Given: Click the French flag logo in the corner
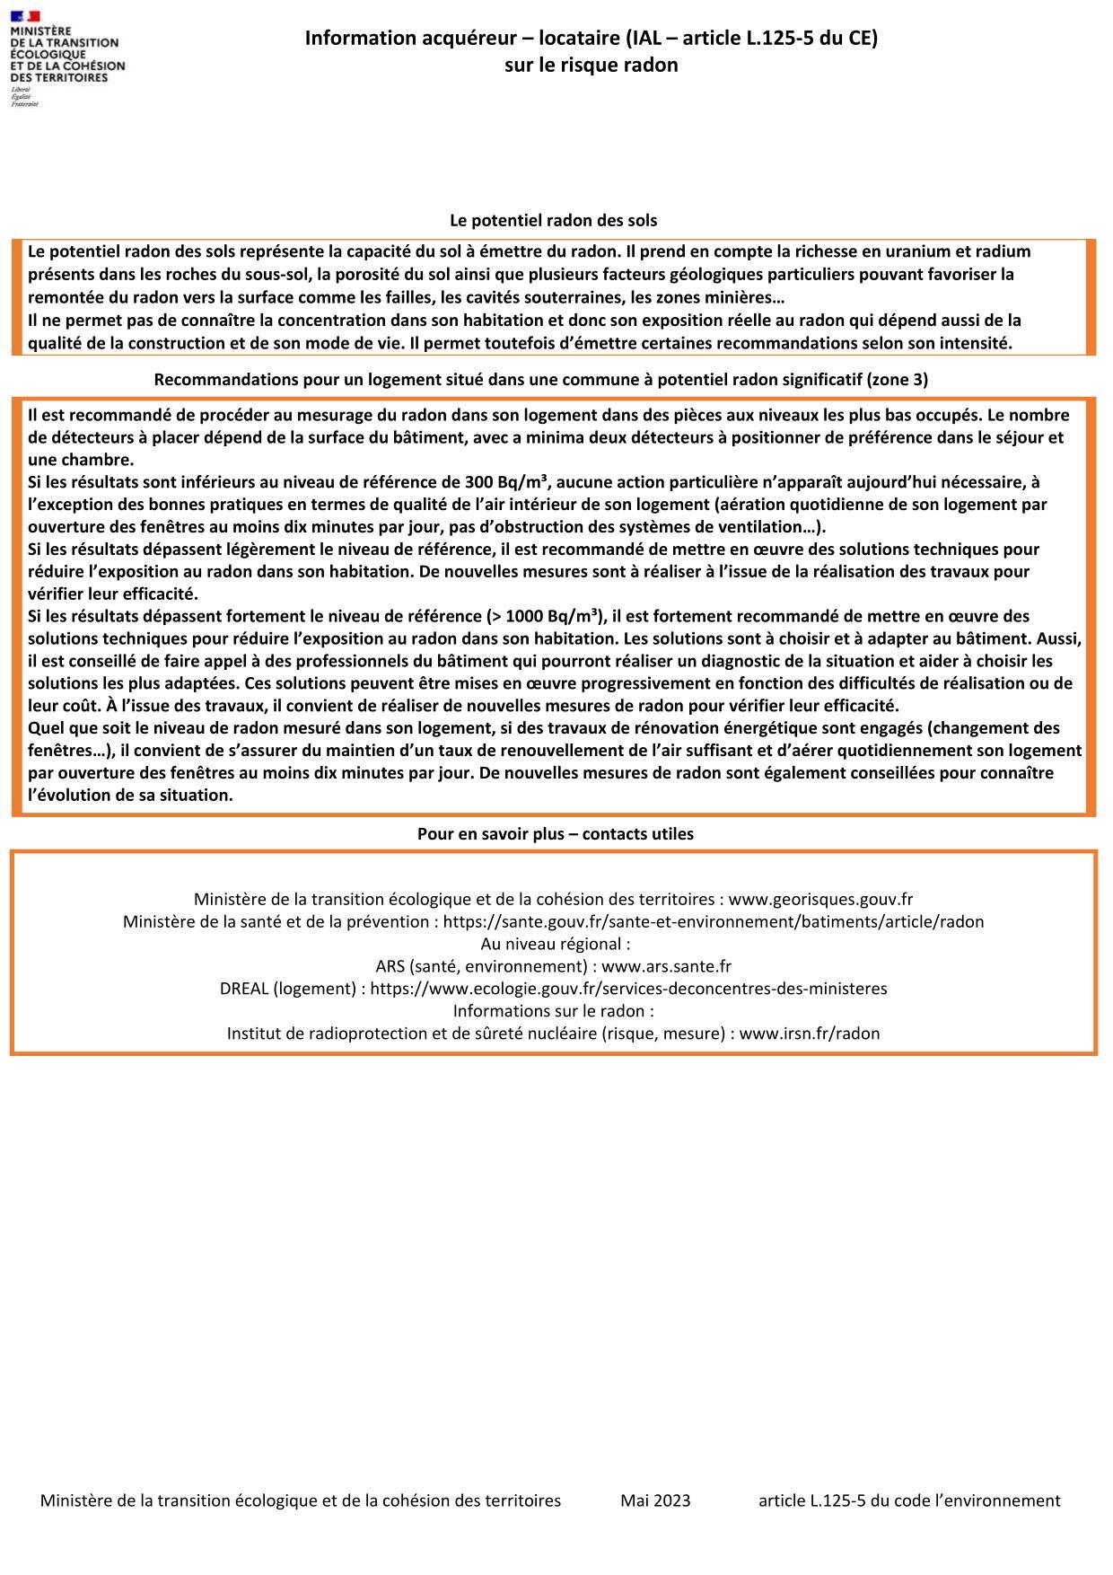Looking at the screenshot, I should click(x=26, y=16).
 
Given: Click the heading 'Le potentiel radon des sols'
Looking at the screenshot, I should click(x=553, y=220).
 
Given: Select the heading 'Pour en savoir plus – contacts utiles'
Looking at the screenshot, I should click(x=555, y=833).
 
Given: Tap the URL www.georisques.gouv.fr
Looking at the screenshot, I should click(x=820, y=899).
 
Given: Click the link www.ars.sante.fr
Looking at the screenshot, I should click(x=666, y=966).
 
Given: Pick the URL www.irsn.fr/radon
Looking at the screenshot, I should click(x=810, y=1033).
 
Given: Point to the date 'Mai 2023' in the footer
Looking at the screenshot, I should click(x=655, y=1500).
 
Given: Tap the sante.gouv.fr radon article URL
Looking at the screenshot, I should click(x=714, y=921).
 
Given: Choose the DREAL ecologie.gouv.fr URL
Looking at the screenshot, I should click(x=628, y=989).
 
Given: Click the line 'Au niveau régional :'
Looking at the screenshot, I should click(x=555, y=944).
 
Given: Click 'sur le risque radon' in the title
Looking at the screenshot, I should click(x=591, y=65).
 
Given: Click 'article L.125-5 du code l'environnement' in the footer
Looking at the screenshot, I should click(x=908, y=1500).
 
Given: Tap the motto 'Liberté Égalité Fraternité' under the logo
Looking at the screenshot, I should click(x=24, y=98).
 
